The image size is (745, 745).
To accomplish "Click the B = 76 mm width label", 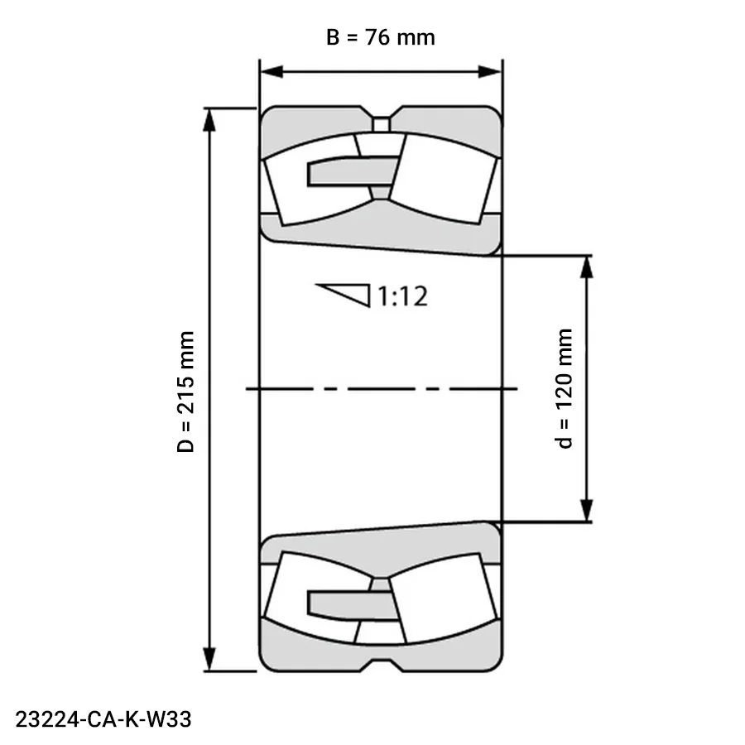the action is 380,37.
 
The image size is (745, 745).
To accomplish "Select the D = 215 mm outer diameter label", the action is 185,392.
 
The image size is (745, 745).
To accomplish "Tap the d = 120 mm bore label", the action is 564,388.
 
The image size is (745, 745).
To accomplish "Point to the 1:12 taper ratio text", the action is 402,296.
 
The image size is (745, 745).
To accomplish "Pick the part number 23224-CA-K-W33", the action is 103,719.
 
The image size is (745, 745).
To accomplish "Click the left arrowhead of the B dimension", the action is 272,72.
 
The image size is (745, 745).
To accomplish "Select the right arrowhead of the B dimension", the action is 490,72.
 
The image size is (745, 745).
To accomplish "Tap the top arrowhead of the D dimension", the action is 209,120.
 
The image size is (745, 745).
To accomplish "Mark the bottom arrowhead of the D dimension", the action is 209,660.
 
